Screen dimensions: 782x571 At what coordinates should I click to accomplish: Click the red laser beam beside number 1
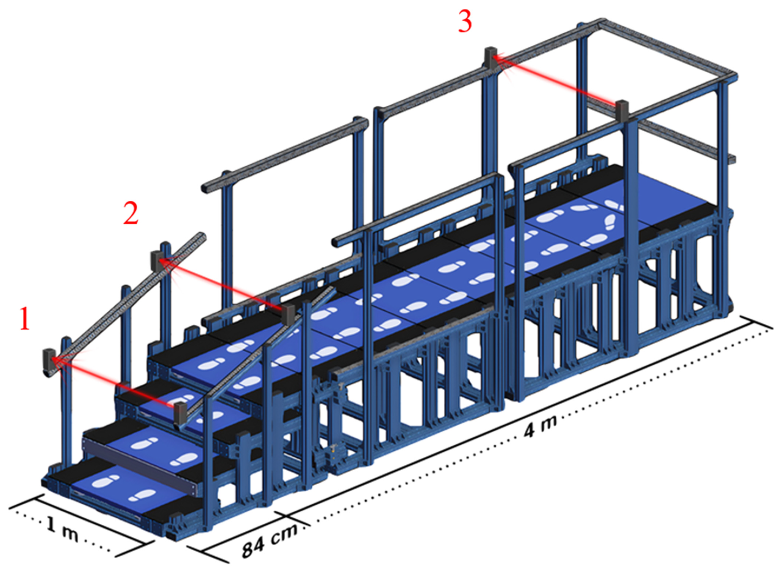click(x=114, y=382)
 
